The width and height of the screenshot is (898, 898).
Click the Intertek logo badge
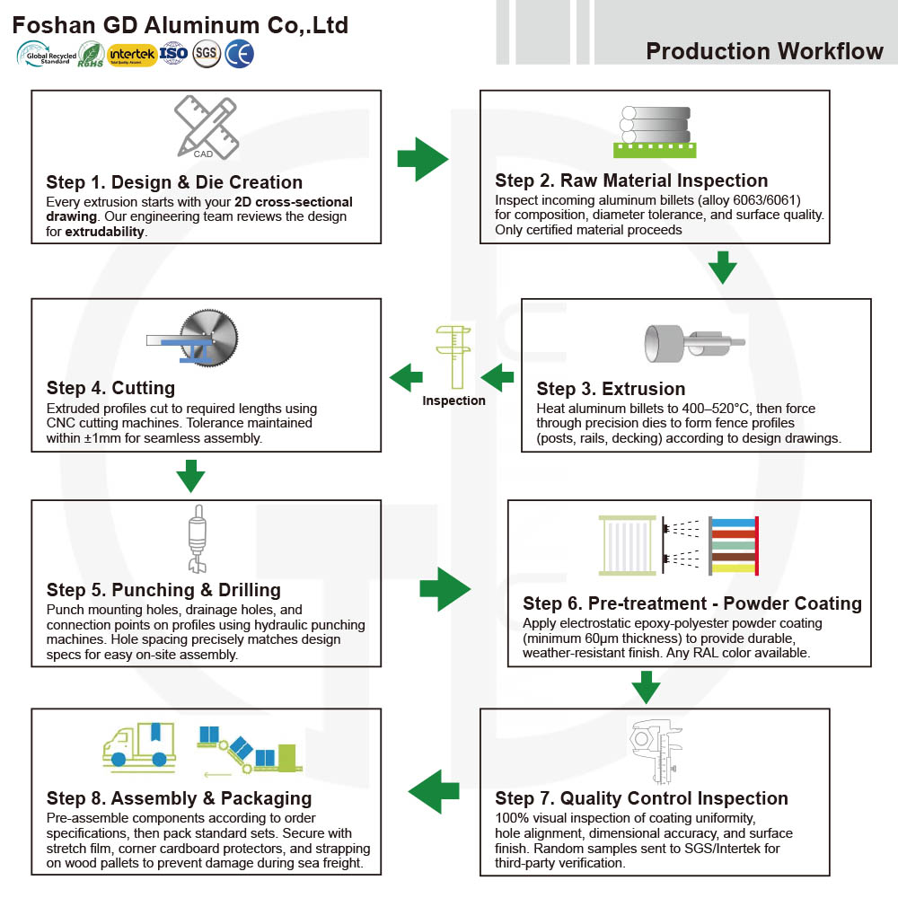click(132, 55)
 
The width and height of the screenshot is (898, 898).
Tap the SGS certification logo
click(207, 55)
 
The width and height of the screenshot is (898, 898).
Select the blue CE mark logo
click(239, 55)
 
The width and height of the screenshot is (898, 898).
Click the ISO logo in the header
click(173, 54)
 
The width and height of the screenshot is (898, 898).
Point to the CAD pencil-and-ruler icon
click(207, 128)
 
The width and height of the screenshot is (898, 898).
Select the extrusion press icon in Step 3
click(695, 342)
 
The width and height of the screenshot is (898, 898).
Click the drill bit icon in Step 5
click(198, 539)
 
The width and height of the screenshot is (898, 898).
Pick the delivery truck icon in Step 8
click(139, 744)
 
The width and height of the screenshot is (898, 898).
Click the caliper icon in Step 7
click(656, 752)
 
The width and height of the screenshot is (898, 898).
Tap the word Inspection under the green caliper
click(453, 401)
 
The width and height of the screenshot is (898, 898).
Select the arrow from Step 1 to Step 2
click(423, 159)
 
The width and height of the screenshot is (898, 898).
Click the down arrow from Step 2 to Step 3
click(723, 268)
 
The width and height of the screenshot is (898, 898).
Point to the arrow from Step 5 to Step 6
click(445, 589)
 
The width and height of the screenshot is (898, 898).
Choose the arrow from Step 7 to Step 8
click(434, 791)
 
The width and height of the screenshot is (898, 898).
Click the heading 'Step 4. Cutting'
click(110, 388)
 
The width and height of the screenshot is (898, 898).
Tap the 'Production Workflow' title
click(764, 51)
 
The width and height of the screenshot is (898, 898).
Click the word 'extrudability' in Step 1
click(105, 232)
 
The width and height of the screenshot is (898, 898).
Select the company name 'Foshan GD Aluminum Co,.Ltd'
click(180, 25)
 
